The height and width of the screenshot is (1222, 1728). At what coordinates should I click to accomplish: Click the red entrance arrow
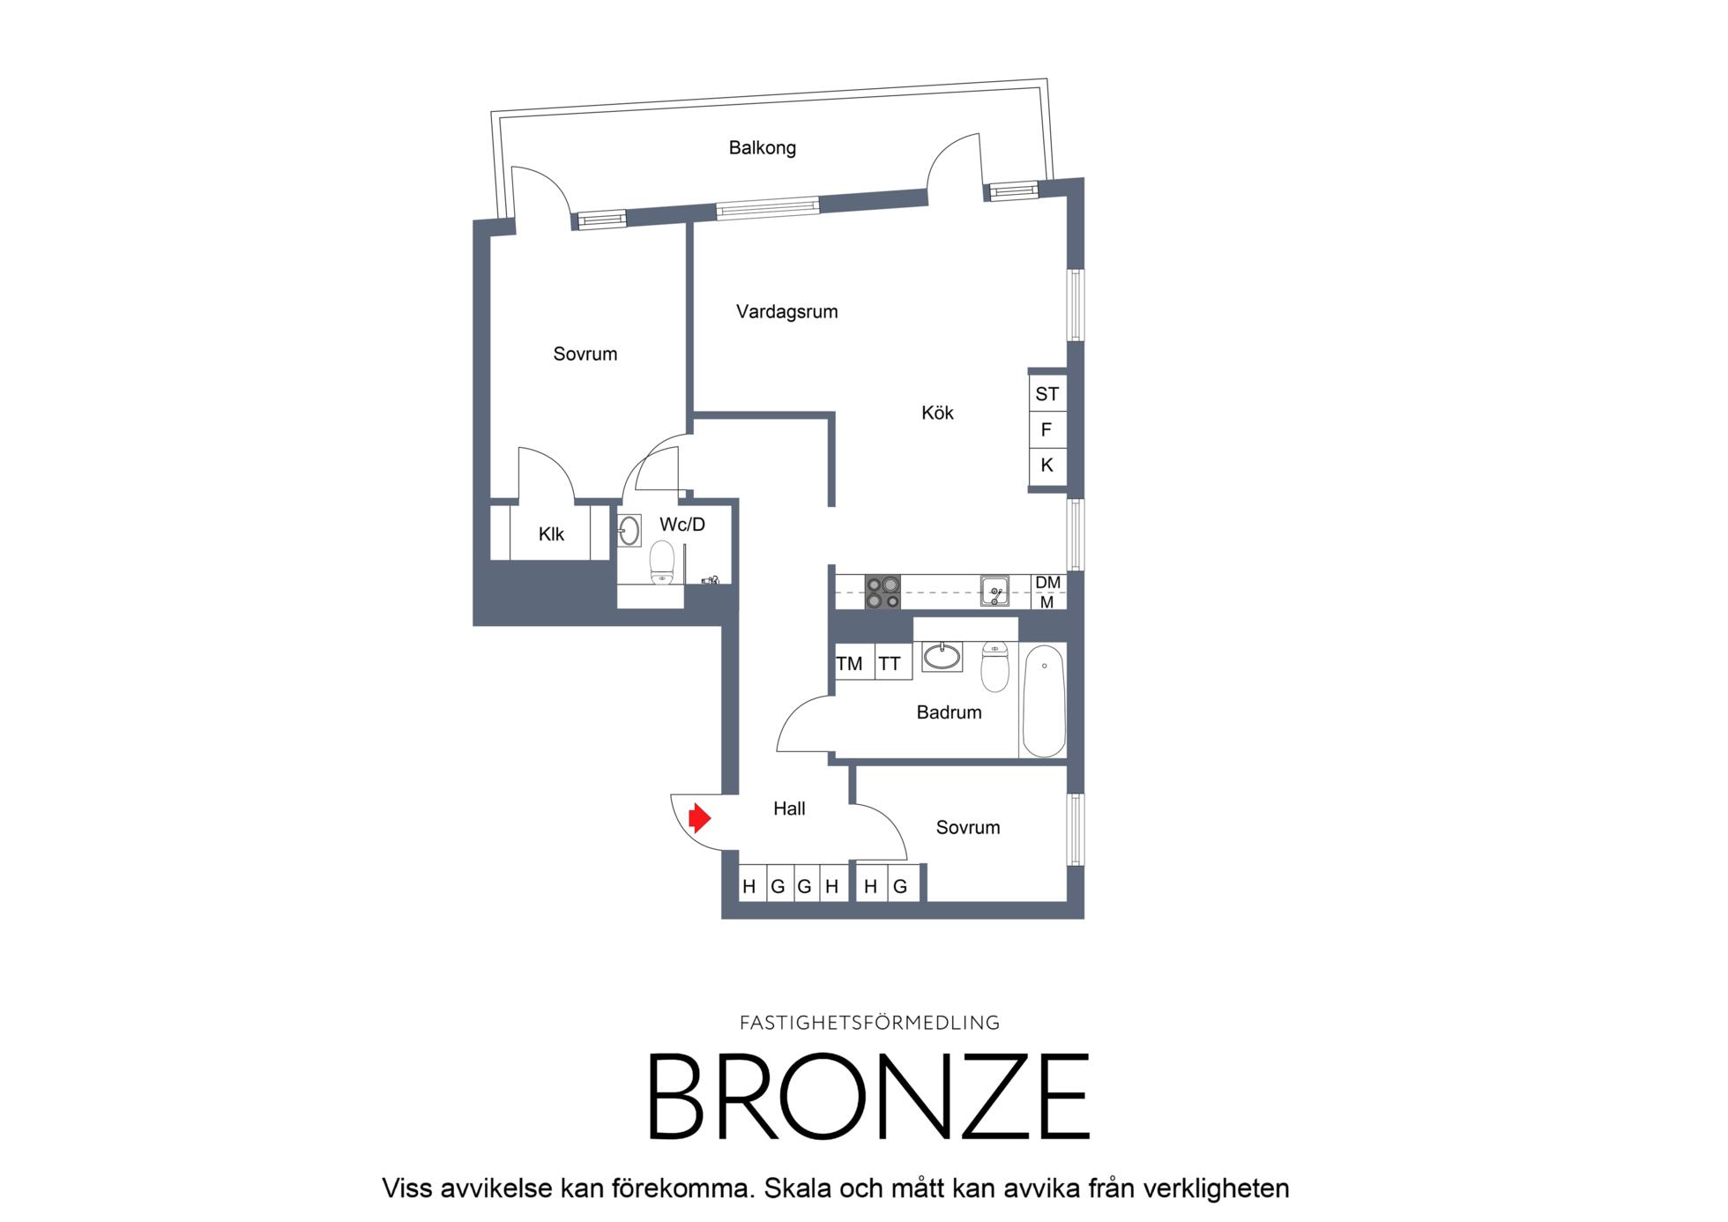coord(700,818)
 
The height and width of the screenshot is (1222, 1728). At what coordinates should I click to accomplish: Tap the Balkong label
coord(762,148)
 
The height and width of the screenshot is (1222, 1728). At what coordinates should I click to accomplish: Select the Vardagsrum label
coord(786,311)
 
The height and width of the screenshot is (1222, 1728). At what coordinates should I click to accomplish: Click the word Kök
coord(937,413)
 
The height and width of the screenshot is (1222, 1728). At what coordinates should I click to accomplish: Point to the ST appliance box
coord(1047,393)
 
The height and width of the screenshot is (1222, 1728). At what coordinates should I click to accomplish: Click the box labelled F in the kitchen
coord(1047,429)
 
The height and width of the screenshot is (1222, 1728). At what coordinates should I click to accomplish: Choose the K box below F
coord(1047,466)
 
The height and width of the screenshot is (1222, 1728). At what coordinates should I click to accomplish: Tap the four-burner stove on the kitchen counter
coord(883,592)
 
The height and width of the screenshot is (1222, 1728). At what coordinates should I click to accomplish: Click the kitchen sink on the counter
coord(995,591)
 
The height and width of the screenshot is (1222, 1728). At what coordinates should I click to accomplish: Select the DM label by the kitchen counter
coord(1048,583)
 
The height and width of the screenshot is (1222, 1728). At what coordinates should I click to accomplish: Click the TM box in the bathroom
coord(849,663)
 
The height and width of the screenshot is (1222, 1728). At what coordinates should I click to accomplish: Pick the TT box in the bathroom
coord(890,663)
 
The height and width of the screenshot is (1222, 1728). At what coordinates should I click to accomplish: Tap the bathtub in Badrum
coord(1044,701)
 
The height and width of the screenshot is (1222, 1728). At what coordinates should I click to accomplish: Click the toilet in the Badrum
coord(995,667)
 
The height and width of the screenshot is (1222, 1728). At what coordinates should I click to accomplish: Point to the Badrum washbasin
coord(942,657)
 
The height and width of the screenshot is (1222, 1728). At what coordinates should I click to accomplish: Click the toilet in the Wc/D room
coord(662,563)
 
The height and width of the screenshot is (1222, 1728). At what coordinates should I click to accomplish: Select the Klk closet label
coord(551,534)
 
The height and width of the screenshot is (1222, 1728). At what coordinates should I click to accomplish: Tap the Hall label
coord(789,808)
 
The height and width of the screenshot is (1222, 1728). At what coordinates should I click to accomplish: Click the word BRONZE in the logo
coord(869,1097)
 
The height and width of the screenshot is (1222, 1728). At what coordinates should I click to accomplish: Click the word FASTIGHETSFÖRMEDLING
coord(869,1023)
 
